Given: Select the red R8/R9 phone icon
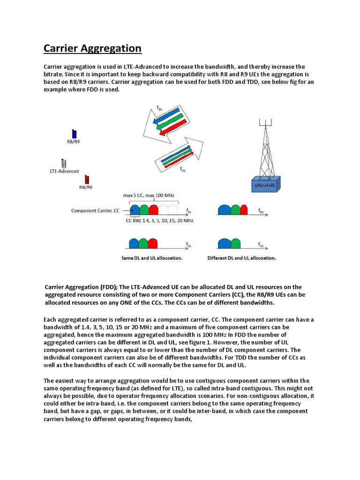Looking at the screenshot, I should pyautogui.click(x=86, y=179).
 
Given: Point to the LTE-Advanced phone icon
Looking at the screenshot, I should pyautogui.click(x=64, y=163).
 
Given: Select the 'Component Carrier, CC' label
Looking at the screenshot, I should pyautogui.click(x=96, y=210).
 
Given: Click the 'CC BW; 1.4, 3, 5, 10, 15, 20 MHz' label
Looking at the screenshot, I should pyautogui.click(x=159, y=220).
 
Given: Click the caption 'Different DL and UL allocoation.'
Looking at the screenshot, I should pyautogui.click(x=242, y=258).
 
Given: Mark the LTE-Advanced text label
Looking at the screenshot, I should pyautogui.click(x=65, y=172).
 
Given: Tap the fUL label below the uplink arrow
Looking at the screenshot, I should pyautogui.click(x=183, y=171).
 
